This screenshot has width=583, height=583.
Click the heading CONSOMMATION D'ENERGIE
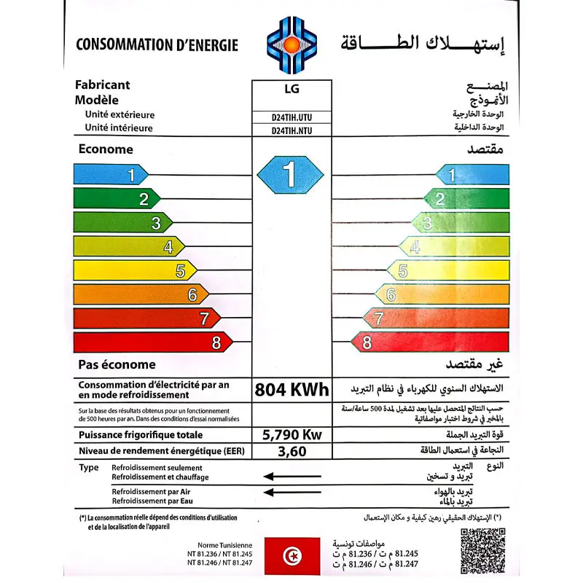(157, 45)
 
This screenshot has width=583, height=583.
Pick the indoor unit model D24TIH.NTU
(291, 130)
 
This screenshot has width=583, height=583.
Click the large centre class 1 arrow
(289, 175)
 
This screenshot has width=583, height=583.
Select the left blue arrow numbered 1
(110, 175)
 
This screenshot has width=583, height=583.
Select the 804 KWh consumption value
(291, 389)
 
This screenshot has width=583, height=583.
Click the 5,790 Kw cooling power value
(291, 435)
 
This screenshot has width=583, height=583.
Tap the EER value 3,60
(291, 452)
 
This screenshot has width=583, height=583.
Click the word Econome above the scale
(106, 149)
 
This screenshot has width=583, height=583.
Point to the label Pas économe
(117, 364)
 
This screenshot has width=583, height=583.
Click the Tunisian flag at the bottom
(291, 556)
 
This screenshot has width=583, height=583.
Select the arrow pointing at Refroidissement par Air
(291, 492)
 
